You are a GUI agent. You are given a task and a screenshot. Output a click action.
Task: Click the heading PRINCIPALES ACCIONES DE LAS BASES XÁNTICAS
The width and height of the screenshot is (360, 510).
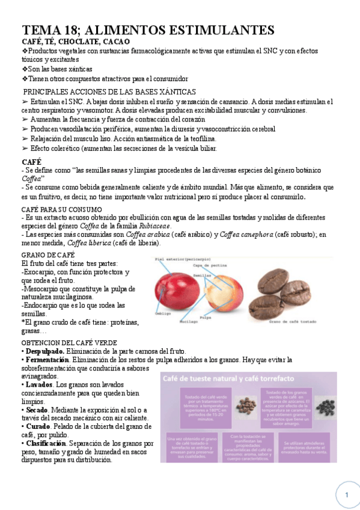tap(109, 92)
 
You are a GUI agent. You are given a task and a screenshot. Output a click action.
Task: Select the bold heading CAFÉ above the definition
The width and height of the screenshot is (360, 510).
tap(31, 162)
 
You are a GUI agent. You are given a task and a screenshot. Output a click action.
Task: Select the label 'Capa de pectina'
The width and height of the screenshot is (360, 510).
tap(210, 265)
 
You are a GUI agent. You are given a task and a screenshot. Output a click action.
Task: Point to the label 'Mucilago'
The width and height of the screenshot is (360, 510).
tap(192, 322)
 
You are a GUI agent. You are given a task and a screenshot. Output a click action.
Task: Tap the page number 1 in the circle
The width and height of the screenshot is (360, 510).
tap(347, 494)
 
